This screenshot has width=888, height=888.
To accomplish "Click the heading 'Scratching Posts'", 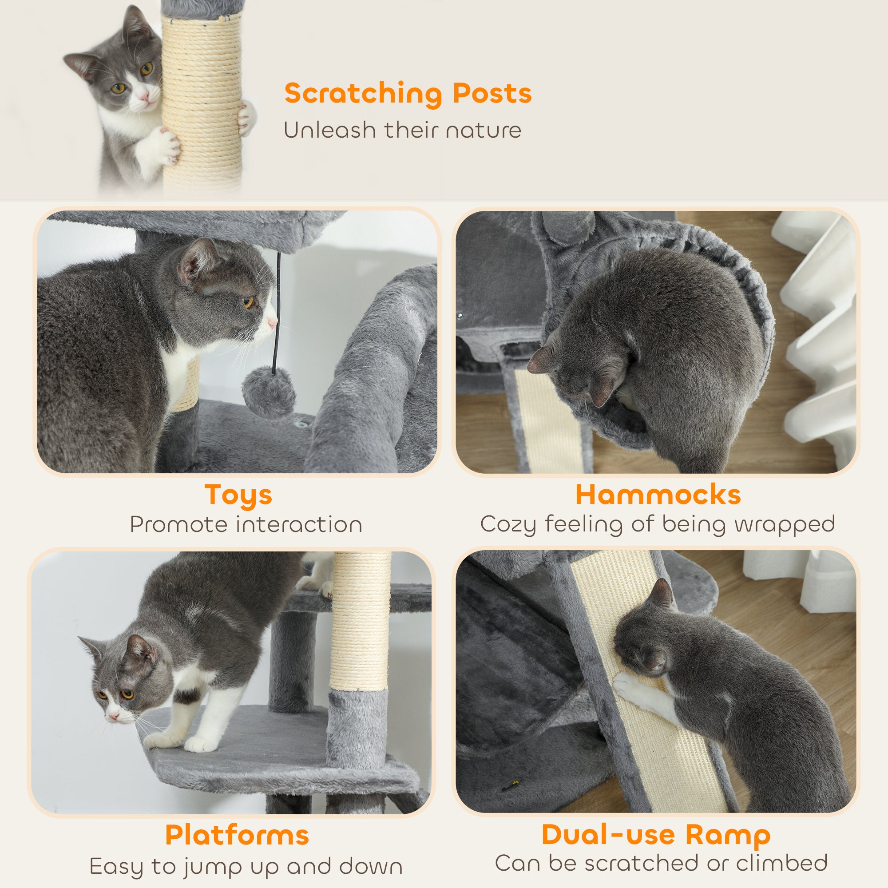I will (x=408, y=93).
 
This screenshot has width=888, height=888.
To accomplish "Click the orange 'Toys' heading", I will (x=238, y=495).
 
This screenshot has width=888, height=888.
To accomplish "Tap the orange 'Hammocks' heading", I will (x=658, y=495).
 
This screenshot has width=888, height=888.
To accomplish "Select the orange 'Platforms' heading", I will (x=237, y=835).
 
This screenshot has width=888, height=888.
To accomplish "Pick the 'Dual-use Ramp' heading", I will (x=656, y=834).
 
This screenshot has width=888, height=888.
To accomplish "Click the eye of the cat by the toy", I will (x=249, y=302).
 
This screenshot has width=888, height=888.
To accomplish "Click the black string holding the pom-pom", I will (x=277, y=313).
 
